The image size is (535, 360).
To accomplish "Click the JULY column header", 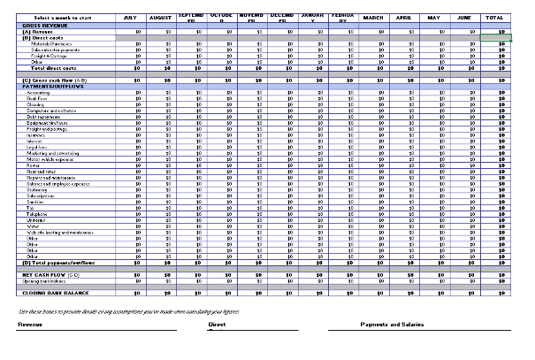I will pyautogui.click(x=130, y=18).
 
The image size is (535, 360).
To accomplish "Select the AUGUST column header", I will pyautogui.click(x=160, y=18).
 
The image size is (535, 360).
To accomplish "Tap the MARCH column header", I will pyautogui.click(x=373, y=18).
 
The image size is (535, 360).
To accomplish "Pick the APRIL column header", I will pyautogui.click(x=403, y=18).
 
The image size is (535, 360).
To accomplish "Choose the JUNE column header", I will pyautogui.click(x=464, y=18).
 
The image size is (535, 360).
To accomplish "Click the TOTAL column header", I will pyautogui.click(x=495, y=18).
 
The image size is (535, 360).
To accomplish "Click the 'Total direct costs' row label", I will pyautogui.click(x=54, y=67).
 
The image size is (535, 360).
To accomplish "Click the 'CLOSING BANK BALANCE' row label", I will pyautogui.click(x=56, y=292).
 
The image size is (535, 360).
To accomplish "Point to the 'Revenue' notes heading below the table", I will pyautogui.click(x=30, y=325).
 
